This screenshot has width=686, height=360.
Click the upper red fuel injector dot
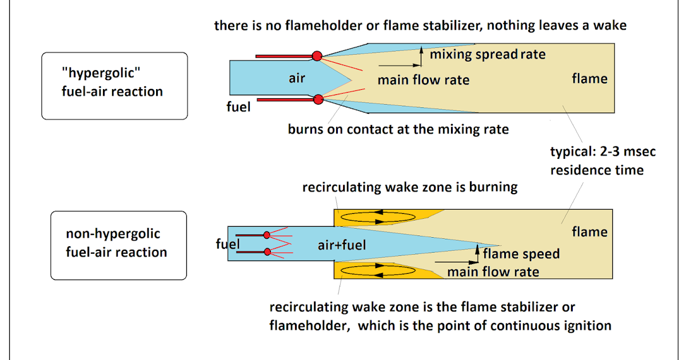pyautogui.click(x=317, y=55)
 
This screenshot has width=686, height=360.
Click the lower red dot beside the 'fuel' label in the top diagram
pyautogui.click(x=318, y=99)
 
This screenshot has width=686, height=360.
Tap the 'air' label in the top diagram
pyautogui.click(x=297, y=78)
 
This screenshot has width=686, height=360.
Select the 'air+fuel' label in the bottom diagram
pyautogui.click(x=341, y=245)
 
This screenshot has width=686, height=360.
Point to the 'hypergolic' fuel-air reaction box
pyautogui.click(x=114, y=86)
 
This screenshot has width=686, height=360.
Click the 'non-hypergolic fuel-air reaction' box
pyautogui.click(x=118, y=244)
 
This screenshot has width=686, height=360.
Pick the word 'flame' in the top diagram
pyautogui.click(x=589, y=78)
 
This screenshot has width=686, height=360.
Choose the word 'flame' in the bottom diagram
pyautogui.click(x=589, y=231)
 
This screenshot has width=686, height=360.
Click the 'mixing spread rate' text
pyautogui.click(x=488, y=54)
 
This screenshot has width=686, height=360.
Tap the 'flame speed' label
pyautogui.click(x=521, y=254)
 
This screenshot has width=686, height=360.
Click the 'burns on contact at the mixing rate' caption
pyautogui.click(x=398, y=129)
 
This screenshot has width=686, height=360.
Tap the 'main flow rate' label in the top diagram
pyautogui.click(x=423, y=79)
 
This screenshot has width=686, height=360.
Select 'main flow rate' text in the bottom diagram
pyautogui.click(x=493, y=271)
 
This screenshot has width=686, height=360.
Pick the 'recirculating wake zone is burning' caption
pyautogui.click(x=410, y=187)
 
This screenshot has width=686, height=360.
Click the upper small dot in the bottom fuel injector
pyautogui.click(x=267, y=235)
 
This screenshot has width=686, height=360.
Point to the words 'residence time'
pyautogui.click(x=597, y=170)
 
